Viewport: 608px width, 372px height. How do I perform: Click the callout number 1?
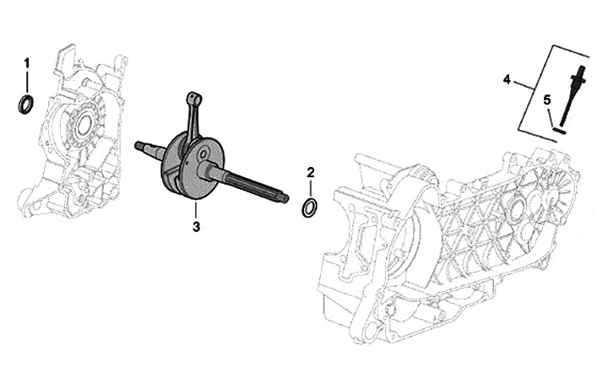coord(26,64)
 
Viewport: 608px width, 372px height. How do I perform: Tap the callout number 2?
coord(311,173)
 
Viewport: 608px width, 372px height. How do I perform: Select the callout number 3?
coord(196,226)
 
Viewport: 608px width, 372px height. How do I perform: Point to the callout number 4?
coord(507,79)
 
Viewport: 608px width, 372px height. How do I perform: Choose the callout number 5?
coord(547,100)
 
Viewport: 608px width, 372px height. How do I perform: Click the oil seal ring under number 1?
coord(27,105)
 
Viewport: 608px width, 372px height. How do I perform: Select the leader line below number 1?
coord(26,83)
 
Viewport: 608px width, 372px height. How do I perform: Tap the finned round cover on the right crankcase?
coord(516,210)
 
